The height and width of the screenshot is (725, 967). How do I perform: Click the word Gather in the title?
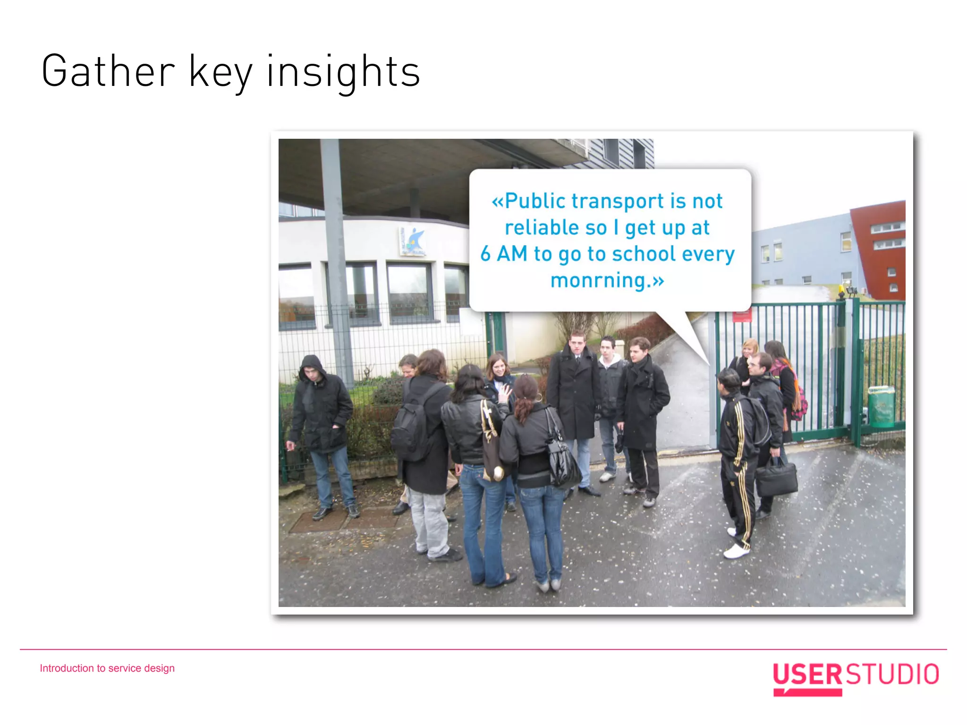tap(108, 72)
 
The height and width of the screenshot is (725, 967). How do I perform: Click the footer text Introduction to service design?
tap(107, 668)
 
